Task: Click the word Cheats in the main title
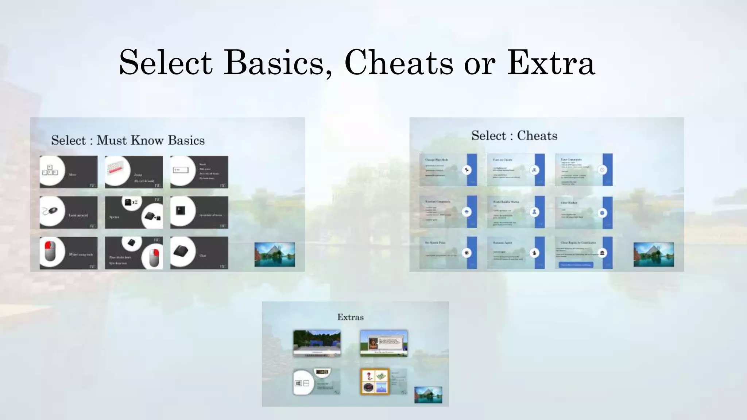tap(399, 63)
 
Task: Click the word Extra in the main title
tap(551, 63)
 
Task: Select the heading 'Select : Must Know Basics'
tap(128, 140)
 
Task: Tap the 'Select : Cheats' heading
tap(514, 136)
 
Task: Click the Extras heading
tap(351, 317)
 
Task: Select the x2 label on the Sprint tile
tap(135, 202)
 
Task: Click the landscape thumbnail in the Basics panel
tap(275, 254)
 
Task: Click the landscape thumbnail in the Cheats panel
tap(654, 254)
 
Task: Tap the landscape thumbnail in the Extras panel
tap(428, 394)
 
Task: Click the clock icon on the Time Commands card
tap(602, 170)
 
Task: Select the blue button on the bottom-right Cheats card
tap(576, 265)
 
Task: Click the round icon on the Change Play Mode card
tap(467, 170)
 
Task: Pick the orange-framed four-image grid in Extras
tap(375, 382)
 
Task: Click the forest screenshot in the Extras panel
tap(317, 343)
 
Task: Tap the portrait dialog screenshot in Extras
tap(384, 343)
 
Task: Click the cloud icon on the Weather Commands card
tap(467, 212)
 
